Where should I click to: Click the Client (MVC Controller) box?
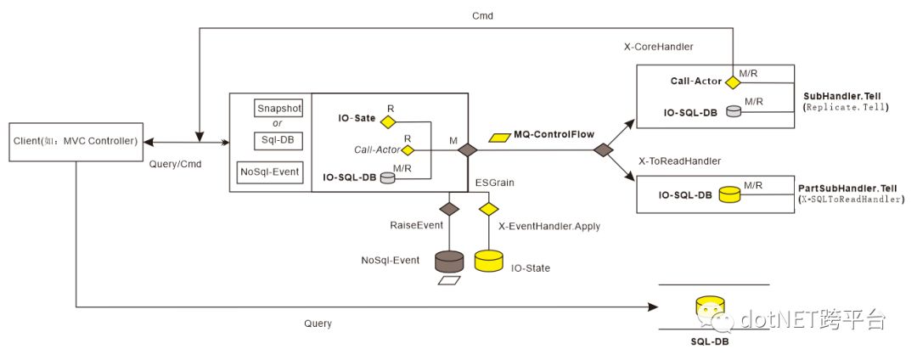tap(76, 140)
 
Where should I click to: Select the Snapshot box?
tap(278, 109)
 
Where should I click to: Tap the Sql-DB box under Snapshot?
tap(278, 139)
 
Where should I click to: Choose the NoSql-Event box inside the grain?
tap(270, 172)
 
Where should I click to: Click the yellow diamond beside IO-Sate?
tap(388, 121)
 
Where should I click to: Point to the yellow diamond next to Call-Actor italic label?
tap(408, 150)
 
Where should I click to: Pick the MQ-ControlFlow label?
tap(553, 134)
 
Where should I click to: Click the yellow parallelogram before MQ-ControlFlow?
tap(499, 135)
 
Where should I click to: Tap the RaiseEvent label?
tap(413, 227)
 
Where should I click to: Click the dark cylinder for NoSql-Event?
tap(448, 260)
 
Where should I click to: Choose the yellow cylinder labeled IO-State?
tap(488, 260)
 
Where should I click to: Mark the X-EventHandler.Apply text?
tap(541, 227)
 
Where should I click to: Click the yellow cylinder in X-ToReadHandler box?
tap(731, 195)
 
